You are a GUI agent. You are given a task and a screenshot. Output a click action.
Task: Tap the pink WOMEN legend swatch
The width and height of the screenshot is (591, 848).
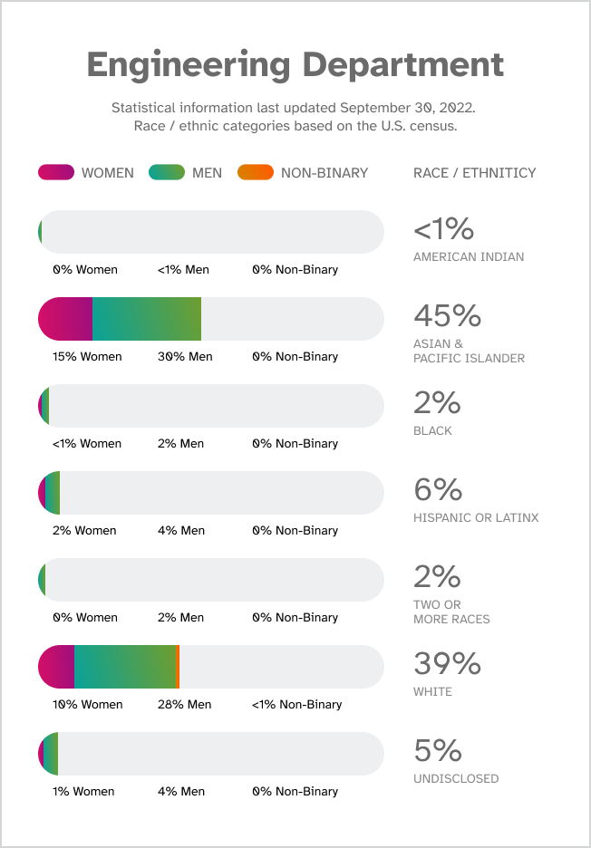tap(56, 172)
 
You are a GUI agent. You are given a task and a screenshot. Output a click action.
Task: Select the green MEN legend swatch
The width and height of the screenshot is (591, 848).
tap(166, 172)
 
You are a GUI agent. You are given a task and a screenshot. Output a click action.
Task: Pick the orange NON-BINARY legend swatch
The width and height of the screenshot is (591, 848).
tap(255, 172)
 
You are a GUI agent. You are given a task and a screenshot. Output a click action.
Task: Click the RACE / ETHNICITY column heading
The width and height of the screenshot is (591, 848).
tap(474, 173)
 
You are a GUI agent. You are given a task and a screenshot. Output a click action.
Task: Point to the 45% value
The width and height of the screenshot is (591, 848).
tap(447, 315)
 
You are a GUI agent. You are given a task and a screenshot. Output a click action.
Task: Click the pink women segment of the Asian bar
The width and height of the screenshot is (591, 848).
tap(66, 319)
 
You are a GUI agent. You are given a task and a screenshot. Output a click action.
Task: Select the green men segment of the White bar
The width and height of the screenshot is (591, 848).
tap(125, 667)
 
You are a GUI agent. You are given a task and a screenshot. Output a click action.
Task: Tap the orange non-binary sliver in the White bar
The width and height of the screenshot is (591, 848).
tap(178, 667)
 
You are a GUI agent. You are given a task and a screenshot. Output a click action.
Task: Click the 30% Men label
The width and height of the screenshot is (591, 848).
tap(185, 357)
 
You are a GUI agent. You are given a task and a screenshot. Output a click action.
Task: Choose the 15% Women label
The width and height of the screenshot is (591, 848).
tap(87, 357)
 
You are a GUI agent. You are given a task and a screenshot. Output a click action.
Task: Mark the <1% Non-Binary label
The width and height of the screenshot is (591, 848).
tap(297, 705)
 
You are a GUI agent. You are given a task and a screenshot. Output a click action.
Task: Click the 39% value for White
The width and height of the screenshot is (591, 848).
tap(447, 663)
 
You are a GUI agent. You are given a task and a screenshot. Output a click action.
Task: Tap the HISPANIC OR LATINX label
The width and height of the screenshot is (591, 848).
tap(476, 518)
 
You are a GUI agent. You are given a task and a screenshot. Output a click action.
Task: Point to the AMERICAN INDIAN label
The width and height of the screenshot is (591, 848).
tap(468, 257)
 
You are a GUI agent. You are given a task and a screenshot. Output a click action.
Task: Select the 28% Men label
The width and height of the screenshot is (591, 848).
tap(184, 705)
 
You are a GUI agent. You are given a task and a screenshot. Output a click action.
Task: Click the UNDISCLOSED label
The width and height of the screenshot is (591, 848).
tap(455, 779)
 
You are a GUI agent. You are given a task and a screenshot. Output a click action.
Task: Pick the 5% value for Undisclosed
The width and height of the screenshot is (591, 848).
tap(438, 750)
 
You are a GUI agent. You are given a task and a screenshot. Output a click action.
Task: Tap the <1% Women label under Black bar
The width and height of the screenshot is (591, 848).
tap(87, 444)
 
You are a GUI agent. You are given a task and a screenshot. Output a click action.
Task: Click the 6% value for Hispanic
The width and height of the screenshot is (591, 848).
tap(438, 489)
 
